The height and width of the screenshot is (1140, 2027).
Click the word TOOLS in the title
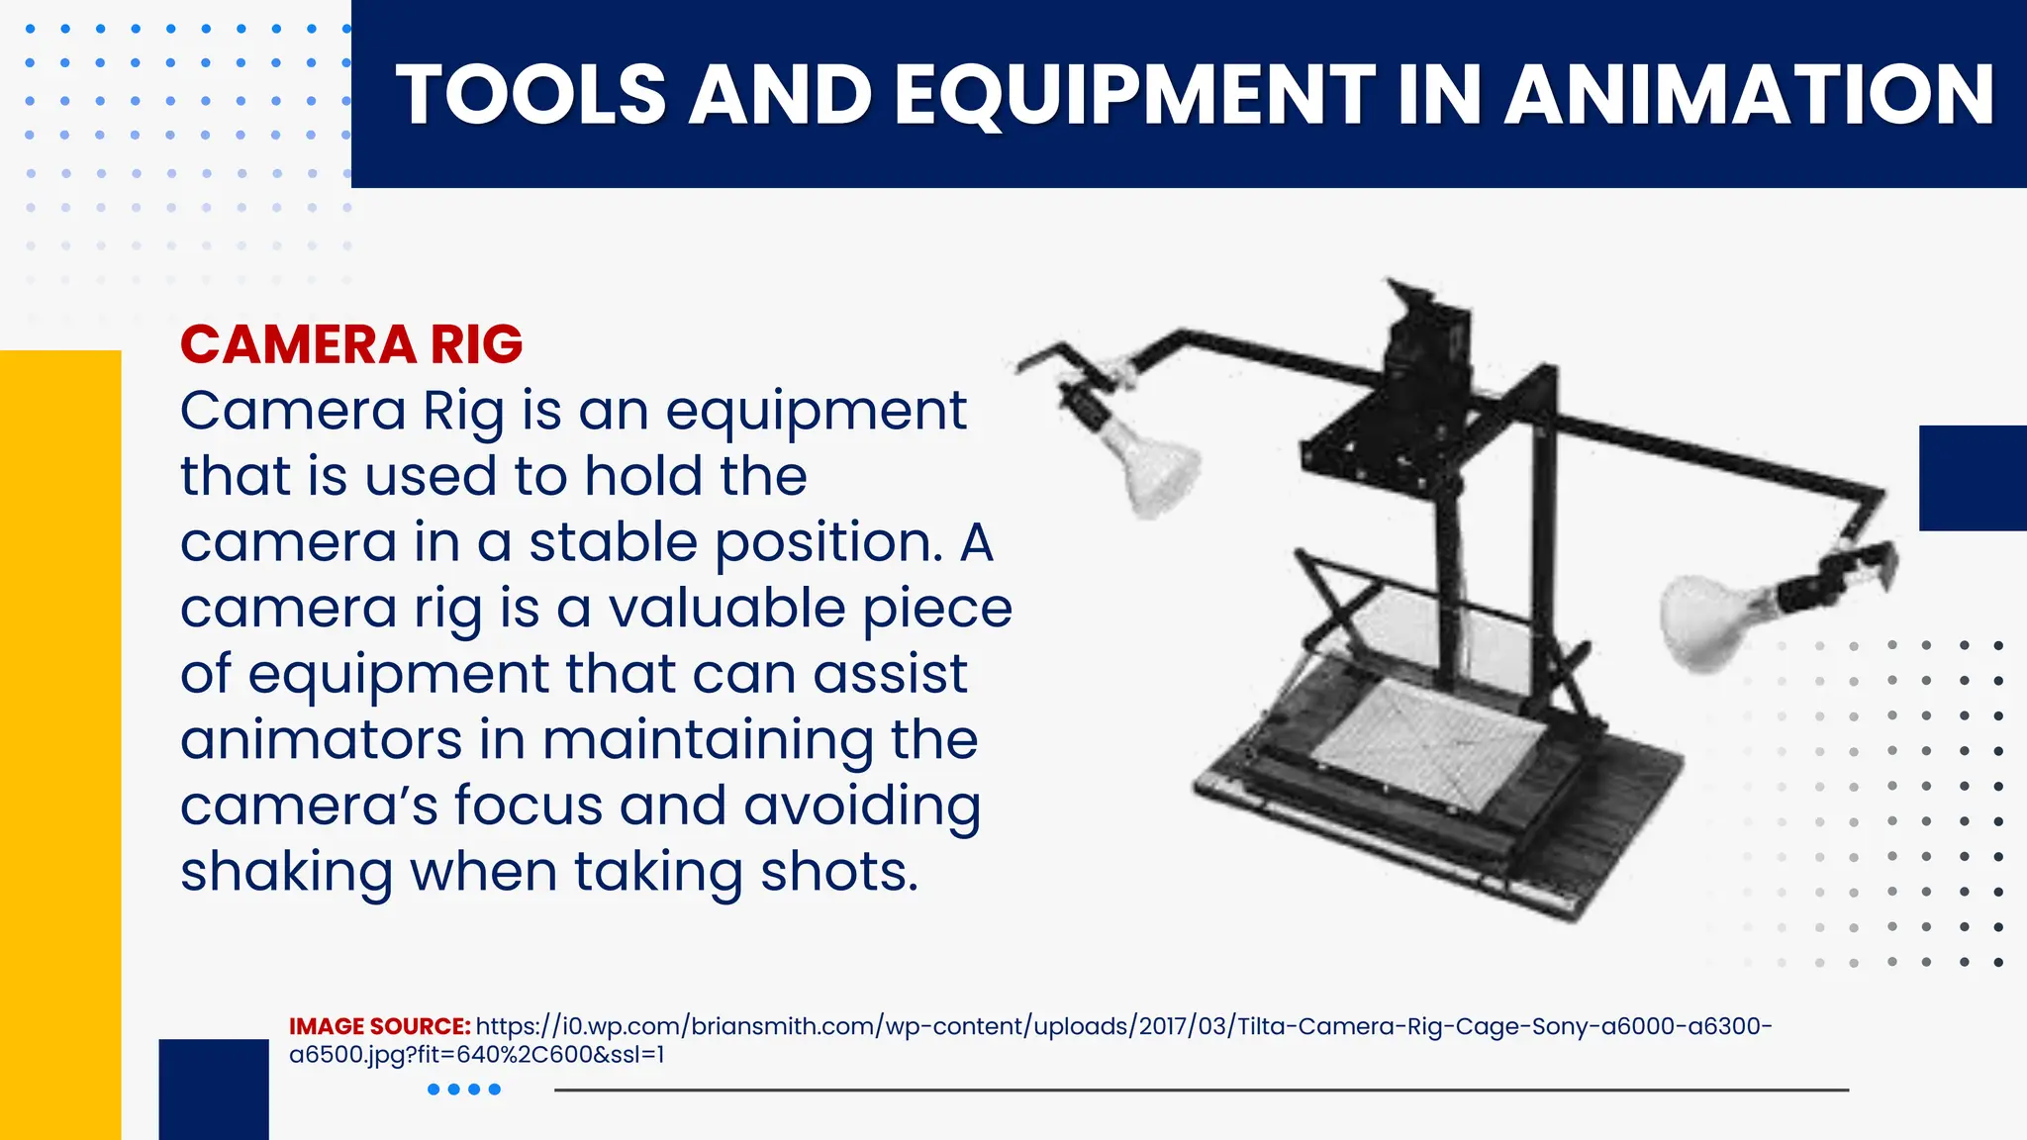[531, 95]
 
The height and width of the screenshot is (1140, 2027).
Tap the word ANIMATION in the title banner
[1749, 95]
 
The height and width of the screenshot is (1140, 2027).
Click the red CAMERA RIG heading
[351, 344]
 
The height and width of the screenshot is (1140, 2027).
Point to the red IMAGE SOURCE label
[379, 1026]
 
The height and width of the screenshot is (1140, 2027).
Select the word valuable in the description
[726, 608]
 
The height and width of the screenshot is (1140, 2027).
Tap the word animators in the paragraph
[321, 739]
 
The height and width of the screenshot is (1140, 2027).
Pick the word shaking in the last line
[286, 872]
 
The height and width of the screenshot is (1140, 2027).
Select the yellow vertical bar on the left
[60, 742]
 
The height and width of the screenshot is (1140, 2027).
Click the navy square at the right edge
[1972, 478]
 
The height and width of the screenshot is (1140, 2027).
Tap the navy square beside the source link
[214, 1088]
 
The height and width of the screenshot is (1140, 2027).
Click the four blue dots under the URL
[463, 1090]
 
